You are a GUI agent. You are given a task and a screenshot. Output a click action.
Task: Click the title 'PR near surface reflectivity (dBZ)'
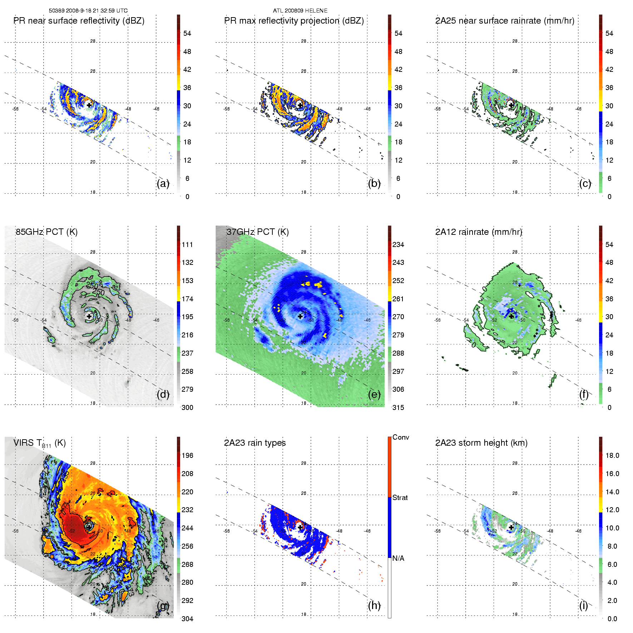(79, 21)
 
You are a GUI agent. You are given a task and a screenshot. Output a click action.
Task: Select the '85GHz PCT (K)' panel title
(46, 232)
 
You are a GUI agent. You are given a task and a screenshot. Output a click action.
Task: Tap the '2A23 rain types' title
(255, 443)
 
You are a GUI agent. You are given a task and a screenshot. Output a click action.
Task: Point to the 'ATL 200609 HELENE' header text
(300, 11)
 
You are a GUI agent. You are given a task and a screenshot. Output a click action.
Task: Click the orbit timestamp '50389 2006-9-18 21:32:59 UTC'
(88, 11)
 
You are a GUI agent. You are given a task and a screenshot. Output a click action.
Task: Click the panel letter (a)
(163, 183)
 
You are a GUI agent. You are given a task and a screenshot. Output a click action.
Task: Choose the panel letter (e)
(374, 394)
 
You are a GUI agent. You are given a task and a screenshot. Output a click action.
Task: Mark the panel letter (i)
(584, 605)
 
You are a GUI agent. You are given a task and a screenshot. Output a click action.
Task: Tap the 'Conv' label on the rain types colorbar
(401, 437)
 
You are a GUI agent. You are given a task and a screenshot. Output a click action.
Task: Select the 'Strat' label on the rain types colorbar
(400, 498)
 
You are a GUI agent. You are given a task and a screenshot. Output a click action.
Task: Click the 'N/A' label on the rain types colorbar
(398, 558)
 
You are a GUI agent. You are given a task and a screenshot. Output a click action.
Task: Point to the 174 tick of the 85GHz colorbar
(187, 299)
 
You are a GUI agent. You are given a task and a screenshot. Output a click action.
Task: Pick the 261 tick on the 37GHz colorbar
(398, 299)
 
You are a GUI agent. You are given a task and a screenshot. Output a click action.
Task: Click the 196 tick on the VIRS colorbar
(187, 455)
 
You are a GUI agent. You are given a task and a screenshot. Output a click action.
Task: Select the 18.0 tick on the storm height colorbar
(612, 455)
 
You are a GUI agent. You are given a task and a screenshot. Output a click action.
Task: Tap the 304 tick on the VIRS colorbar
(187, 619)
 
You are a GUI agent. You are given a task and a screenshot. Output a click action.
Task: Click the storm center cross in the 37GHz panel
(300, 316)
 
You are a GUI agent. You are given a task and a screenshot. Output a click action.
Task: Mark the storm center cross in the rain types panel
(300, 527)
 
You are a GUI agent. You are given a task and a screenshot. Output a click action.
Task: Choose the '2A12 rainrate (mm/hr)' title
(479, 232)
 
